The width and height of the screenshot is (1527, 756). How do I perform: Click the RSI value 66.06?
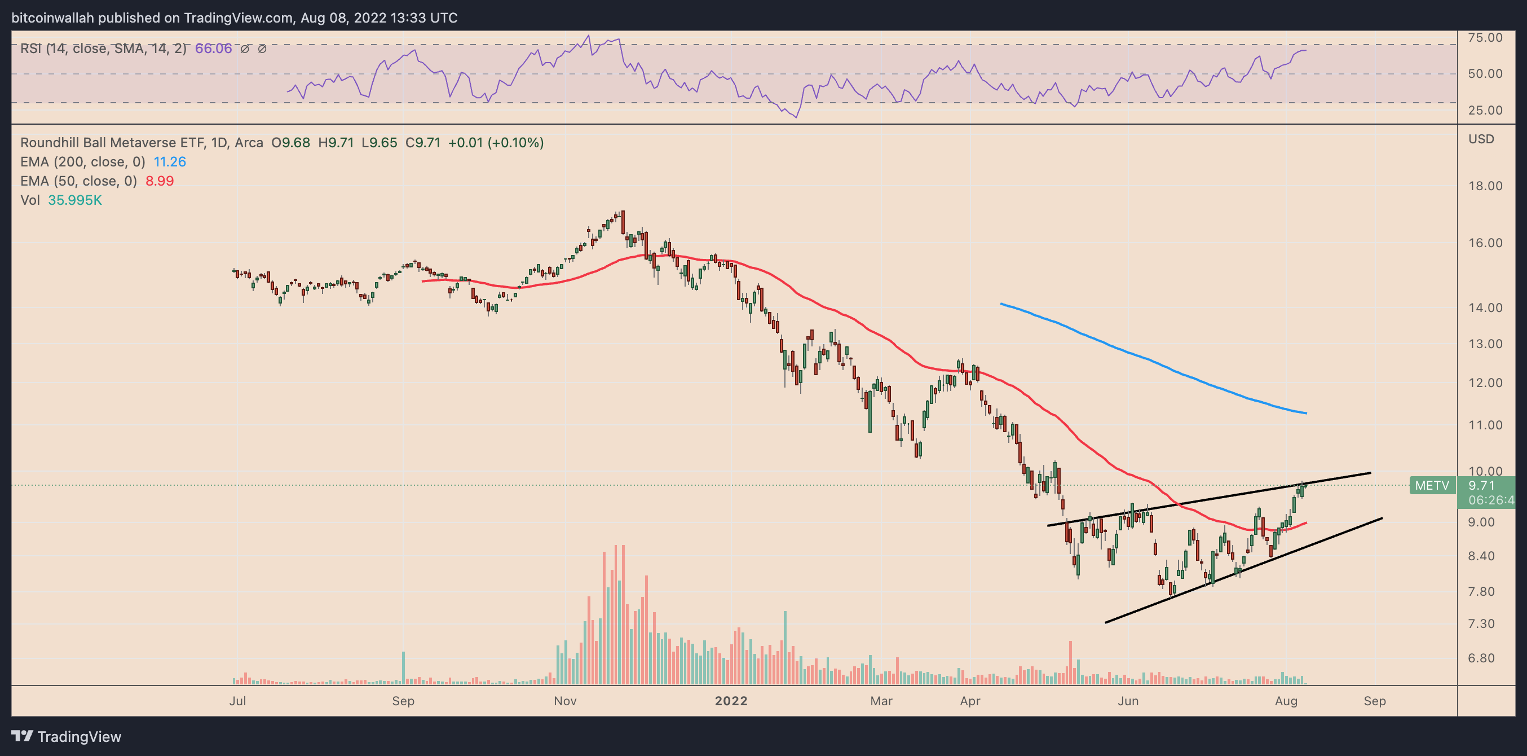[x=213, y=49]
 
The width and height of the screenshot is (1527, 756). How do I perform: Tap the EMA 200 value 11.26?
[x=170, y=162]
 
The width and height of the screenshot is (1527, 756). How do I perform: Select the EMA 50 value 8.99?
[x=160, y=181]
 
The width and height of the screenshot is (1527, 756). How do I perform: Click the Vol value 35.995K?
[x=74, y=200]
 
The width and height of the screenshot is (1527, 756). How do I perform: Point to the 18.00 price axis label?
[x=1485, y=186]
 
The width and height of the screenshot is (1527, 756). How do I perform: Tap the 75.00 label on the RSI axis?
[x=1485, y=38]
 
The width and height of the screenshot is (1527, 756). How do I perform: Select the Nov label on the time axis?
[x=565, y=701]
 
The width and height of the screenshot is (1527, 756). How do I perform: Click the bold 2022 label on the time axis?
[x=731, y=701]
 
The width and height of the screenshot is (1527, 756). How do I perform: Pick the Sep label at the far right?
[x=1374, y=701]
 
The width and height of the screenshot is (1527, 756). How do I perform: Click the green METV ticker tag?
[x=1432, y=486]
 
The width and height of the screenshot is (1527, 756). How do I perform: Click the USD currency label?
[x=1481, y=139]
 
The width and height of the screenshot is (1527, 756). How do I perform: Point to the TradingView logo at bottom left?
[x=66, y=736]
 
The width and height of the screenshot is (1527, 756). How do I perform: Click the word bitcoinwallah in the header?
[x=53, y=18]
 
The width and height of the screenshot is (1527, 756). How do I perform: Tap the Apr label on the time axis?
[x=970, y=701]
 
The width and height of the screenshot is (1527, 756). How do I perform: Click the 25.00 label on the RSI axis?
[x=1485, y=110]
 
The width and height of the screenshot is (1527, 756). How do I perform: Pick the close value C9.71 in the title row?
[x=423, y=143]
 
